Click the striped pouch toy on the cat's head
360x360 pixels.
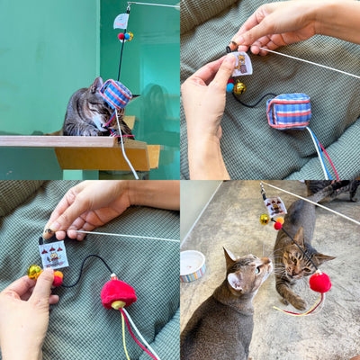tap(116, 94)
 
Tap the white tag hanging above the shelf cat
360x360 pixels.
tap(121, 20)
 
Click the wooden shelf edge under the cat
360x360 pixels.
tap(54, 141)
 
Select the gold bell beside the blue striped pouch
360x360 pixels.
tap(239, 88)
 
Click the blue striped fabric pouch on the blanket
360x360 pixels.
tap(289, 111)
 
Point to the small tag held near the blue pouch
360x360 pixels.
tap(241, 63)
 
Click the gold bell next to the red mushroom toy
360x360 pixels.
tap(35, 271)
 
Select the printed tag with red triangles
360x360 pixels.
tap(54, 254)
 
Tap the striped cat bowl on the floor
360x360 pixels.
tap(193, 265)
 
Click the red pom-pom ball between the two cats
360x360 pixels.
tap(319, 283)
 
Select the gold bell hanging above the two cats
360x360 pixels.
tap(265, 219)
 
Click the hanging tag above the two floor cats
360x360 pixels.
tap(274, 205)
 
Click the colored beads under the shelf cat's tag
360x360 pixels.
tap(123, 37)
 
